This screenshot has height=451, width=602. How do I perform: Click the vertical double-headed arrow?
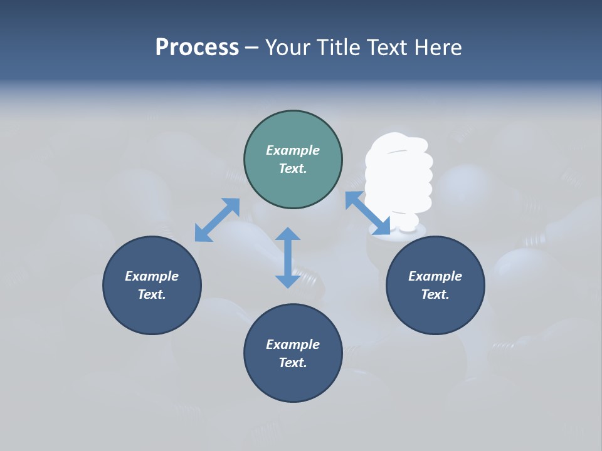pos(288,257)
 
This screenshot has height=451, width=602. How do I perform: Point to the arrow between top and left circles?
pos(217,220)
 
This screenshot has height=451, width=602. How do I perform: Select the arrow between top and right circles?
pos(368,214)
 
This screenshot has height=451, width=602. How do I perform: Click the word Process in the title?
pos(197,48)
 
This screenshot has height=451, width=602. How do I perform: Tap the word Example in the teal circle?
pos(293,150)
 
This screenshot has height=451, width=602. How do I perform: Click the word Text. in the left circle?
pos(152,294)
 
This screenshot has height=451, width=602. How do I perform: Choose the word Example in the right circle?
pos(435,276)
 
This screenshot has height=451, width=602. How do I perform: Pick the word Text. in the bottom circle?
pos(293,363)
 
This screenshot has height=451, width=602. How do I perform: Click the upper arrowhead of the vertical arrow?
pos(288,234)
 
